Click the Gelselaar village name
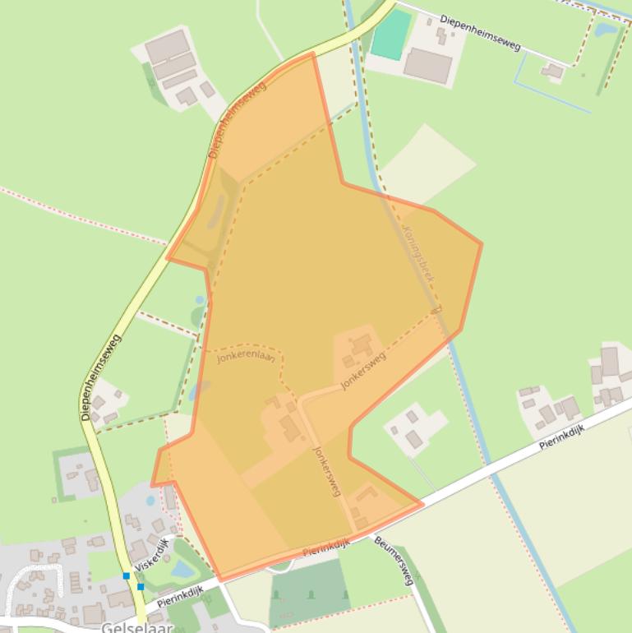(137, 626)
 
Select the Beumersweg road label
(393, 559)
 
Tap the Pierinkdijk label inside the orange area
(326, 548)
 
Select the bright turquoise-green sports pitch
(390, 33)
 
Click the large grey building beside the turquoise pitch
(428, 65)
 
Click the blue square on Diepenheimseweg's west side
(127, 575)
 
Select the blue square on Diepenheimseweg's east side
(141, 586)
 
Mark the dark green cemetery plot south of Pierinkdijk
(309, 592)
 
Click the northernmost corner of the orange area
(313, 54)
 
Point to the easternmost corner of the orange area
(481, 243)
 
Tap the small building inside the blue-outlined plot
(552, 72)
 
